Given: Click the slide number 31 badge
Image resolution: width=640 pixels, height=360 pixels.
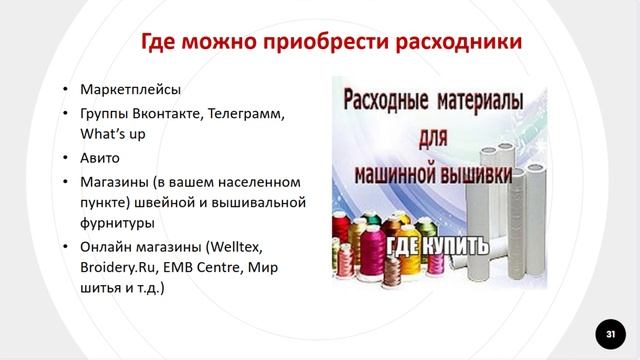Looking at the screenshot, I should click(606, 331).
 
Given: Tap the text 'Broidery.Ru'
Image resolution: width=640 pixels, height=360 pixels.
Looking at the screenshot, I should click(117, 268).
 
